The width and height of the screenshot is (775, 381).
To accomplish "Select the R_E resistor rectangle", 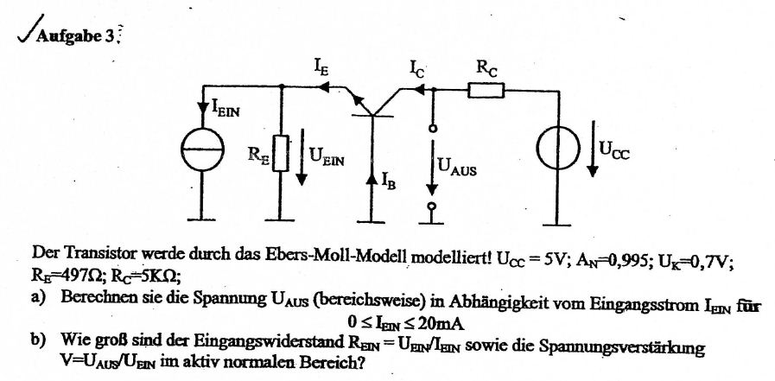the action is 280,153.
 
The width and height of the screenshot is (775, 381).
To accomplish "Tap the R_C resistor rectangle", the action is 486,91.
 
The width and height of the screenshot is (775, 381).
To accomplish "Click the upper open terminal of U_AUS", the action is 433,129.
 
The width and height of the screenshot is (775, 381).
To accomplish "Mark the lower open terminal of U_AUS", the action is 433,206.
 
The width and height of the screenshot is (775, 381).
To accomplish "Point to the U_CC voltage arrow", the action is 593,149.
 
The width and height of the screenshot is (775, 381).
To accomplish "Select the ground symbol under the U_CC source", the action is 558,224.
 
